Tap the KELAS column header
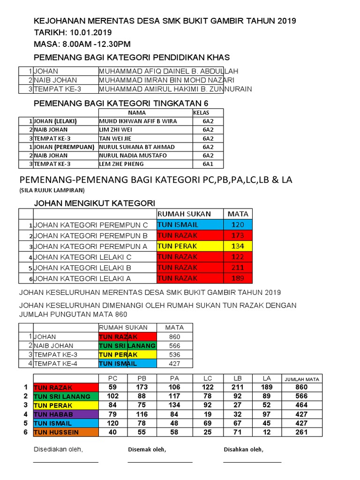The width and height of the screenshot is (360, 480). click(201, 112)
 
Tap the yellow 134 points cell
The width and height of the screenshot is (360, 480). click(238, 247)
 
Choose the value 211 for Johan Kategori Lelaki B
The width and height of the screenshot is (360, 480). click(238, 268)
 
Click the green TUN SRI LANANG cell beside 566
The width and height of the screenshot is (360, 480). click(127, 345)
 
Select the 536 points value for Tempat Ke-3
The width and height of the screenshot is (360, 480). click(174, 354)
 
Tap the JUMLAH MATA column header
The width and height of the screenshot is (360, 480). click(302, 379)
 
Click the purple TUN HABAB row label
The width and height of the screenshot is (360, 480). click(65, 414)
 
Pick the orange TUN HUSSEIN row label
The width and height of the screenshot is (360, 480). click(65, 432)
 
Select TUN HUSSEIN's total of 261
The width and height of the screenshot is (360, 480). click(302, 432)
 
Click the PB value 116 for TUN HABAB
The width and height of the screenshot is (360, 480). click(142, 414)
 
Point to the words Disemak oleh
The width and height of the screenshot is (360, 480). click(147, 450)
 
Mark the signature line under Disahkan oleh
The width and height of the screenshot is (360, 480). click(252, 462)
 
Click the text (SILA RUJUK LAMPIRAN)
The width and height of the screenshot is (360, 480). click(52, 190)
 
